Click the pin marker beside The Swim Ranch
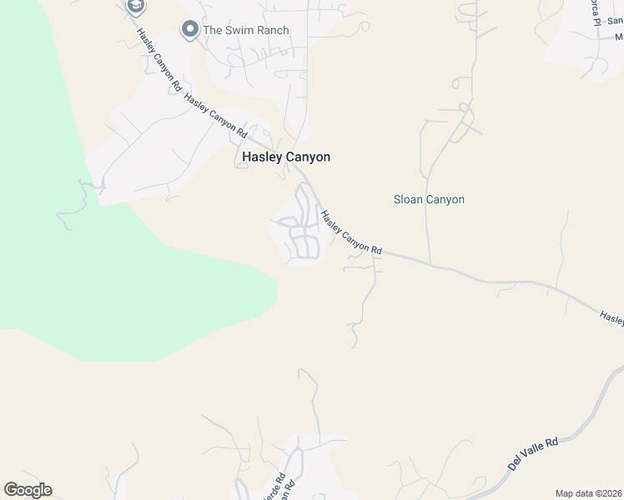(190, 31)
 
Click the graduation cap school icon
(135, 7)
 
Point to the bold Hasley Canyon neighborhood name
(286, 157)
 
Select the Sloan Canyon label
(429, 199)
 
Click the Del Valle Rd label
(532, 453)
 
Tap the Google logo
(28, 490)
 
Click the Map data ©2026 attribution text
(588, 493)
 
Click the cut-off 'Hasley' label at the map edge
(611, 317)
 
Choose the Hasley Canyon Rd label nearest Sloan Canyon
(352, 232)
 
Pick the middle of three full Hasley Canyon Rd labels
(216, 116)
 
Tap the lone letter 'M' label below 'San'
(619, 37)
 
